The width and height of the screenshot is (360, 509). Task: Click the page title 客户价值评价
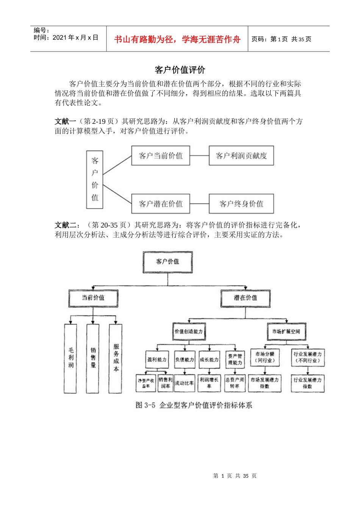180,70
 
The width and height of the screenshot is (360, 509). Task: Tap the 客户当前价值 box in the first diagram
161,156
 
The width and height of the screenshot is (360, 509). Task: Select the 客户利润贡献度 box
241,156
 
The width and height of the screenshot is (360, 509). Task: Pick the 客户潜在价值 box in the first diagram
161,204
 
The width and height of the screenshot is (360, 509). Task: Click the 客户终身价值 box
241,204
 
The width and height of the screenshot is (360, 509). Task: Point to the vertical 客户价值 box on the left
95,180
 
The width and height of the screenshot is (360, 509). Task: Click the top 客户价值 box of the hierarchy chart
167,262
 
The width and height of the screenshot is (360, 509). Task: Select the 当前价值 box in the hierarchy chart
93,298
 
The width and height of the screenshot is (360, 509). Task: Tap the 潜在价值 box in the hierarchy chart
245,298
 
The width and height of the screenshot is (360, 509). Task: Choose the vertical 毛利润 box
71,358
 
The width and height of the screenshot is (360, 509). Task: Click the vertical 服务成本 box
116,358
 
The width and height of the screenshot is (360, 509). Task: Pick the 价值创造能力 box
188,332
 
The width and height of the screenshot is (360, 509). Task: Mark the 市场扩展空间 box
286,332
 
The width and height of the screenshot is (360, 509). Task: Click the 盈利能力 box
157,359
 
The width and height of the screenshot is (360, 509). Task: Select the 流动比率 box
184,383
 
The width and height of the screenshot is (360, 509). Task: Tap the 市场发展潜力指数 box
265,383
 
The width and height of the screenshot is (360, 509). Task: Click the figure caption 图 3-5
194,405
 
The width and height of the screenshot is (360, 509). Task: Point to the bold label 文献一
65,122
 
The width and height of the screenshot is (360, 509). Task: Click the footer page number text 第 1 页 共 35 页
235,476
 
